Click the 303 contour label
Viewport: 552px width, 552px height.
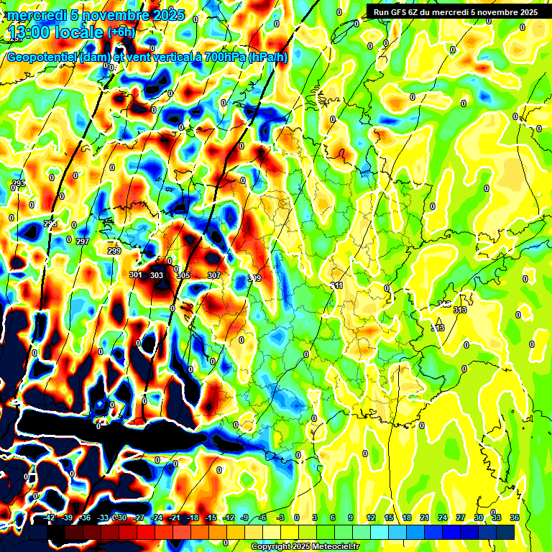coord(157,275)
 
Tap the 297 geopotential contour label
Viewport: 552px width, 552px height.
coord(82,241)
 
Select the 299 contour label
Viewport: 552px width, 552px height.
coord(114,251)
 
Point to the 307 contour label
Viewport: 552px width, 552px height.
coord(213,275)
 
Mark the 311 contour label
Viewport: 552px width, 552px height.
coord(336,286)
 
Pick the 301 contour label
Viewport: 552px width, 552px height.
coord(136,275)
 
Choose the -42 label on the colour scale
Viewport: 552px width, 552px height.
coord(49,517)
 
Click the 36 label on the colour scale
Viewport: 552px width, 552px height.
coord(515,517)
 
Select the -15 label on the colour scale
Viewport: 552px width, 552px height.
coord(211,517)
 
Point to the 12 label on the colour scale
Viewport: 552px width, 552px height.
coord(371,517)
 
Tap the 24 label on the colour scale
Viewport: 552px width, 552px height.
coord(442,517)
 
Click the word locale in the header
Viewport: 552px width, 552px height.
coord(79,32)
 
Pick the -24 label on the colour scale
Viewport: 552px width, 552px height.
coord(157,517)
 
